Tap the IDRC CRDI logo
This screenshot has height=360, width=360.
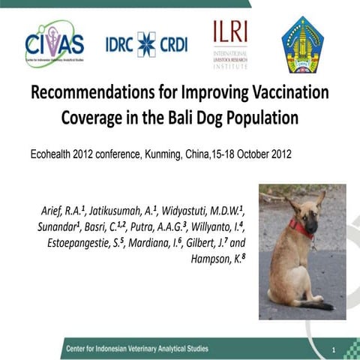(x=146, y=43)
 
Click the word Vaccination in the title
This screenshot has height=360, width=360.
(x=284, y=96)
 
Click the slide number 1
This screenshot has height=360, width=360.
(x=332, y=349)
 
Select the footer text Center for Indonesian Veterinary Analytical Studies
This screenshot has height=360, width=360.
(x=136, y=349)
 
